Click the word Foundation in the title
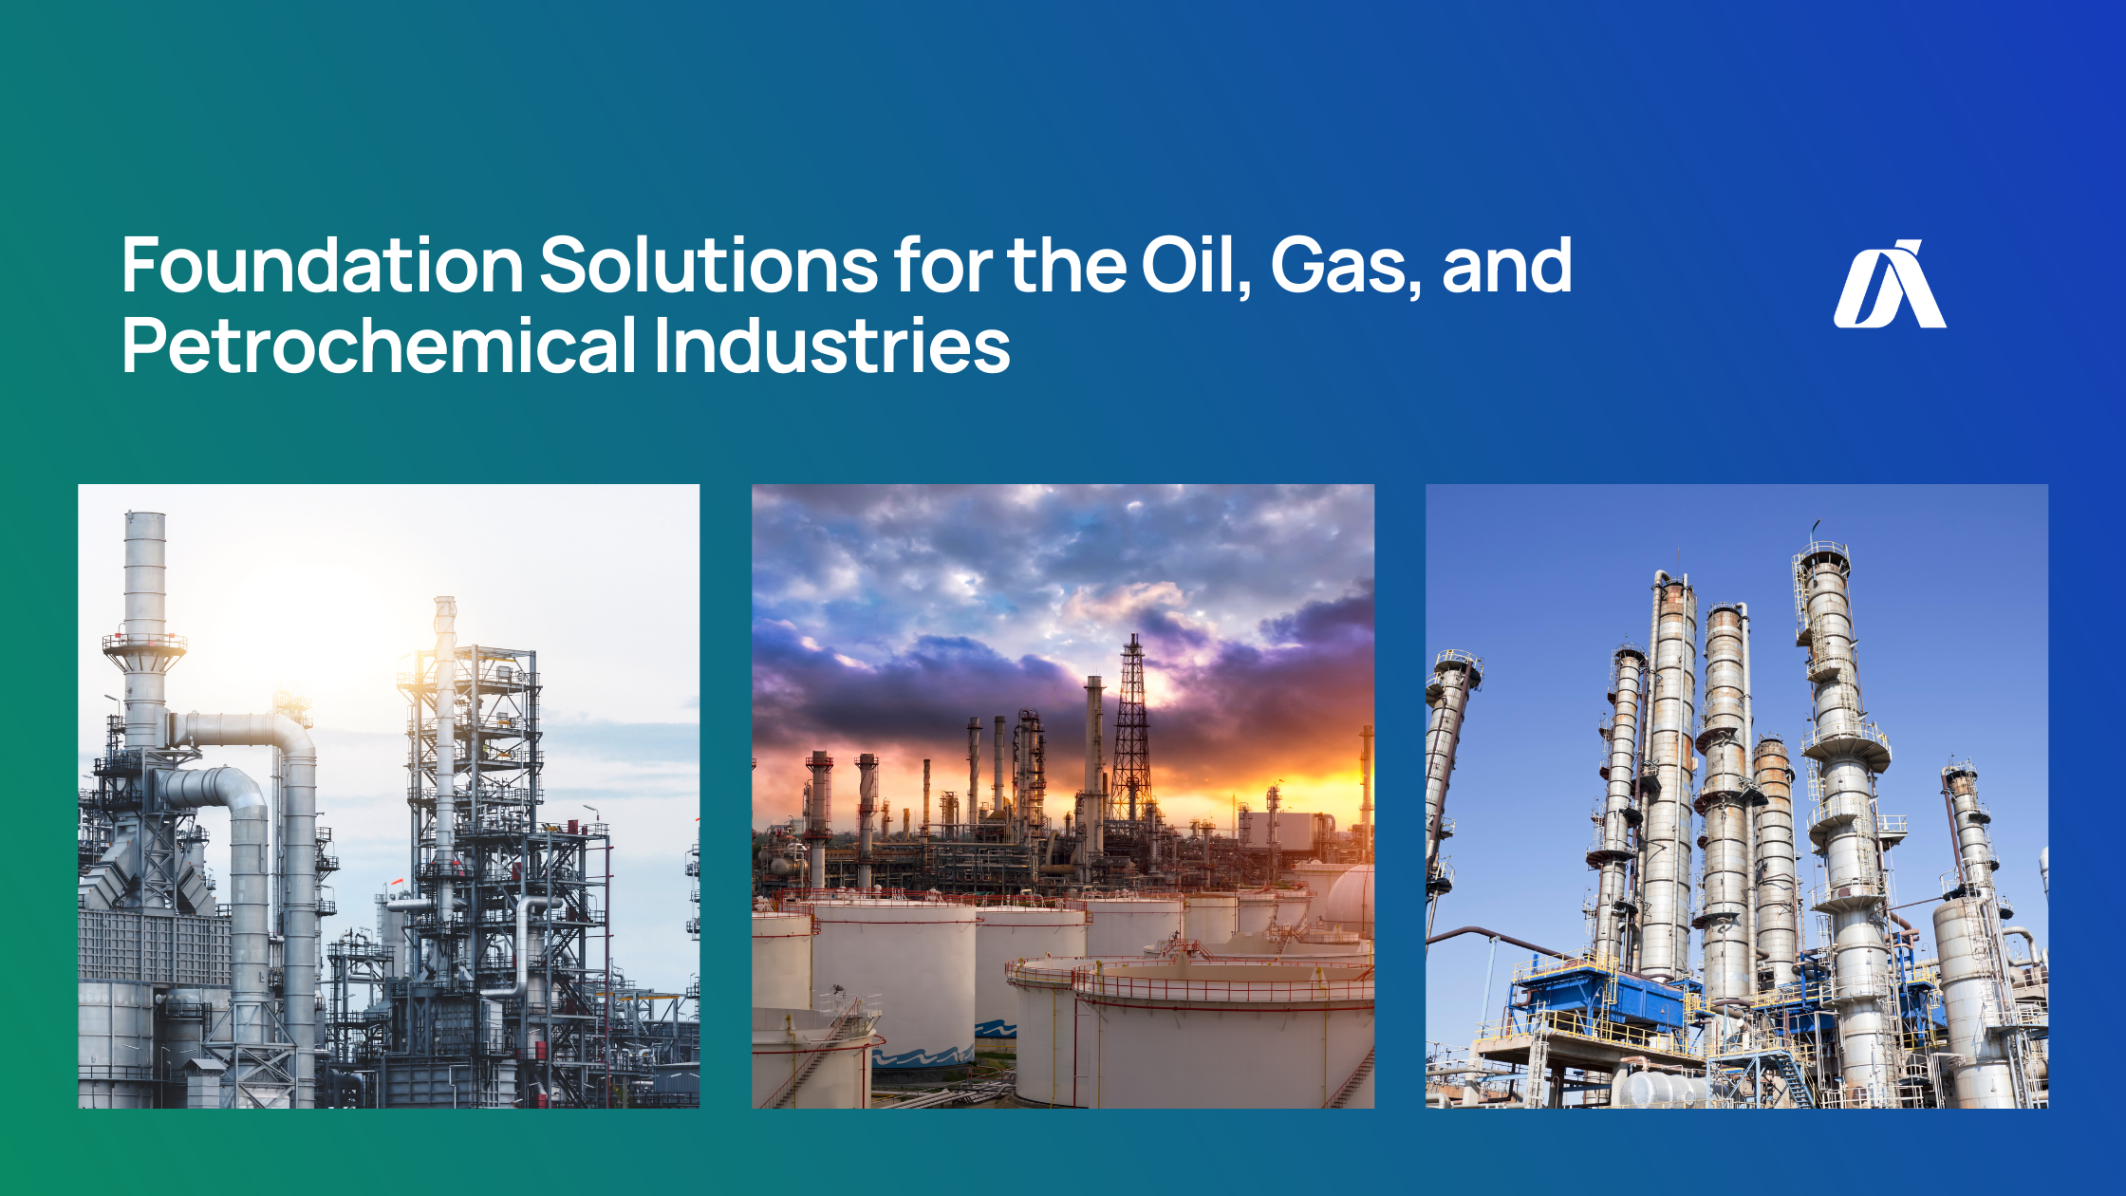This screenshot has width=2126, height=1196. (x=322, y=266)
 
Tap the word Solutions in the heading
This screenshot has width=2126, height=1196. (x=708, y=266)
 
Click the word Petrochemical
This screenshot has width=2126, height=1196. (x=379, y=346)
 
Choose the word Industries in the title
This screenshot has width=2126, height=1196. (x=831, y=346)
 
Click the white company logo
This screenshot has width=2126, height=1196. (x=1889, y=285)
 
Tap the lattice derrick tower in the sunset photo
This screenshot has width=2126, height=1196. (x=1132, y=731)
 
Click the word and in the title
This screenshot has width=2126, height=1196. (x=1506, y=266)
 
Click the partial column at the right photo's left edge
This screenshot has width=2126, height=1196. (x=1447, y=759)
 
